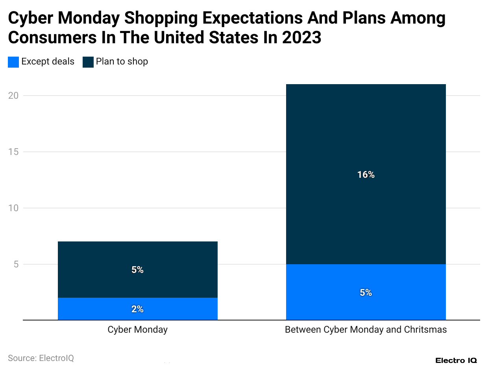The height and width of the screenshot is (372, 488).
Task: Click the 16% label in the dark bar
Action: tap(366, 175)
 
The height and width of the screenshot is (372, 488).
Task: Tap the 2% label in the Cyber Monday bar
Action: tap(137, 309)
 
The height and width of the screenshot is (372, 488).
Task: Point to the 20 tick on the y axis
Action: tap(13, 96)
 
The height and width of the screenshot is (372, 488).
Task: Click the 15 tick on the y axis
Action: tap(13, 152)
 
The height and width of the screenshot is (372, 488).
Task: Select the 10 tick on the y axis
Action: tap(13, 208)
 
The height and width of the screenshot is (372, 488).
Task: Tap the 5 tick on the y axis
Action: tap(16, 264)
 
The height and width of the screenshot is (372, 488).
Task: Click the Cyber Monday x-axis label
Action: tap(137, 330)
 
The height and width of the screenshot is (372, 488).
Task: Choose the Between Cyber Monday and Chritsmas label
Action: tap(366, 330)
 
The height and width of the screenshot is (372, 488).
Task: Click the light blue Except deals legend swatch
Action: tap(13, 62)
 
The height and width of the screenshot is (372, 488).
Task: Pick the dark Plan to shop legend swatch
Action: tap(88, 62)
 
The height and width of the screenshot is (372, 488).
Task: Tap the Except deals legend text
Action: tap(48, 62)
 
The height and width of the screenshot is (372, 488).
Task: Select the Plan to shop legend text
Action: tap(122, 62)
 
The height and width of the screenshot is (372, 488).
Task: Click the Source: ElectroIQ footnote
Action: tap(41, 358)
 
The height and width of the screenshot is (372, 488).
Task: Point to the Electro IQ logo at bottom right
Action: tap(456, 360)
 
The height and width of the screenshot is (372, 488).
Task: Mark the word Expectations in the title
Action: tap(254, 18)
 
